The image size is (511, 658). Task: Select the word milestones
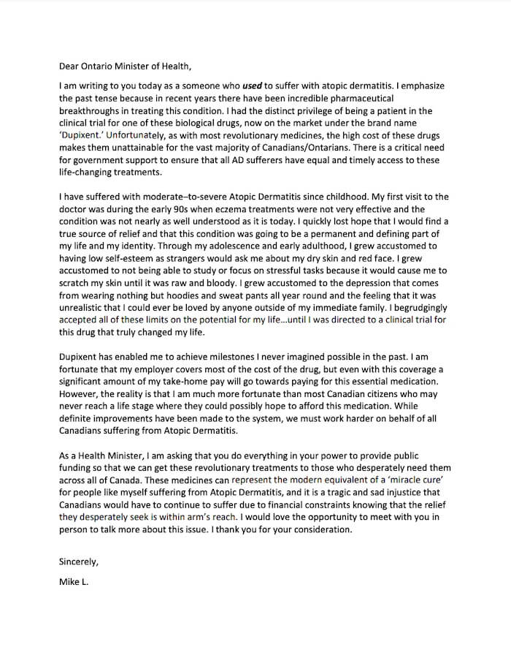coord(228,358)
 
